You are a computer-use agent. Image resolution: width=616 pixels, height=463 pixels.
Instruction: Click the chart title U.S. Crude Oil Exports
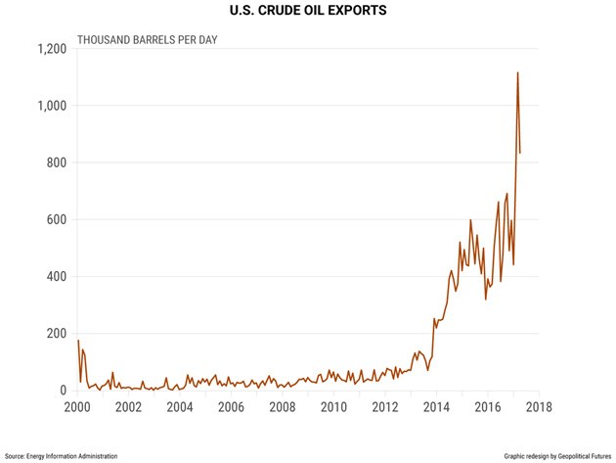[308, 11]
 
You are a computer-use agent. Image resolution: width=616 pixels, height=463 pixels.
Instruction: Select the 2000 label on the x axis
[78, 407]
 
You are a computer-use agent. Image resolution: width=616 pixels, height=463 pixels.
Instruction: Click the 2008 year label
[283, 407]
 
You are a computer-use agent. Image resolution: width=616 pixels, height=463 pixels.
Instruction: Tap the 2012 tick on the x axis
[386, 407]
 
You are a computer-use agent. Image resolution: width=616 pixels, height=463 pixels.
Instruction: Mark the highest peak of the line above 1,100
[517, 72]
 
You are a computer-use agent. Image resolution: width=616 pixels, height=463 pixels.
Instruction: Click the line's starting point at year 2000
[78, 340]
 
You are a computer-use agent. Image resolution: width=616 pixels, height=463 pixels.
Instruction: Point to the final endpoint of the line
[520, 153]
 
